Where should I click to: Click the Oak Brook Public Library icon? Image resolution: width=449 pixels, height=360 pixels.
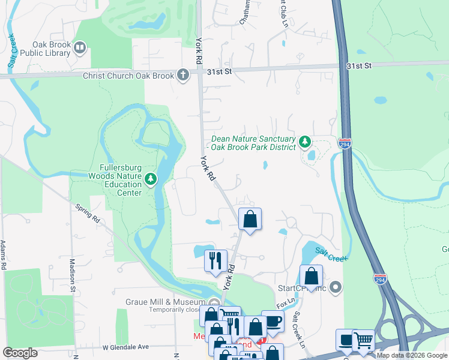tap(79, 47)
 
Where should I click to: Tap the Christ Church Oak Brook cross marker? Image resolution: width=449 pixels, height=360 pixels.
tap(183, 75)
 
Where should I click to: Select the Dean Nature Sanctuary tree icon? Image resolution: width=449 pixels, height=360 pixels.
tap(306, 142)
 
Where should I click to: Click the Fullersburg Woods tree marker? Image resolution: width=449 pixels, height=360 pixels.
tap(150, 178)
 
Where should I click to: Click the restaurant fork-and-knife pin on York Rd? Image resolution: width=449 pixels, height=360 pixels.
tap(215, 260)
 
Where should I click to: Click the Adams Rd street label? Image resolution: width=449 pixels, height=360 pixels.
tap(4, 254)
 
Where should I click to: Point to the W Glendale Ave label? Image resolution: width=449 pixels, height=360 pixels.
tap(125, 347)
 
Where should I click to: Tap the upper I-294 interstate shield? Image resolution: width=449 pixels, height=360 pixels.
tap(344, 145)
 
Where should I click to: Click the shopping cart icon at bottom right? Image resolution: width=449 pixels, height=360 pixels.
tap(363, 340)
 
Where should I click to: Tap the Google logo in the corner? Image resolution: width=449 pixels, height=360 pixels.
tap(20, 353)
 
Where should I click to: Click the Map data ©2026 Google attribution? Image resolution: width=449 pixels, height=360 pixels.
tap(412, 355)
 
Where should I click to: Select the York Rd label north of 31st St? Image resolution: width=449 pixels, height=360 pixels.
tap(198, 50)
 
